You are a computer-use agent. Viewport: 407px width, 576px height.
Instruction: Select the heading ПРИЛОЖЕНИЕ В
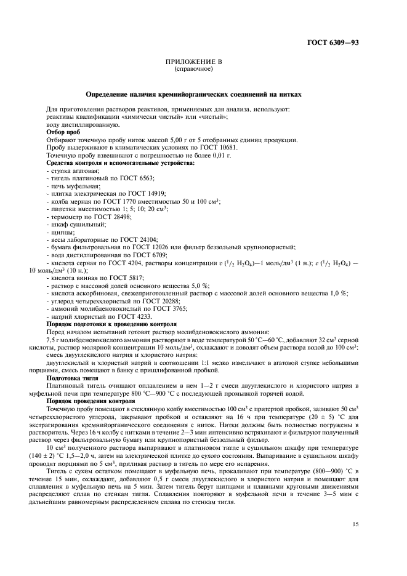coord(194,63)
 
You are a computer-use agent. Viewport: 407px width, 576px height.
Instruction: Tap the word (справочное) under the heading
coord(194,69)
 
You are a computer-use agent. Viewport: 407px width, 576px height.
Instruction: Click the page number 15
coord(356,524)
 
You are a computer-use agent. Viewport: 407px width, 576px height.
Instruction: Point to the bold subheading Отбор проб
coord(63,132)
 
